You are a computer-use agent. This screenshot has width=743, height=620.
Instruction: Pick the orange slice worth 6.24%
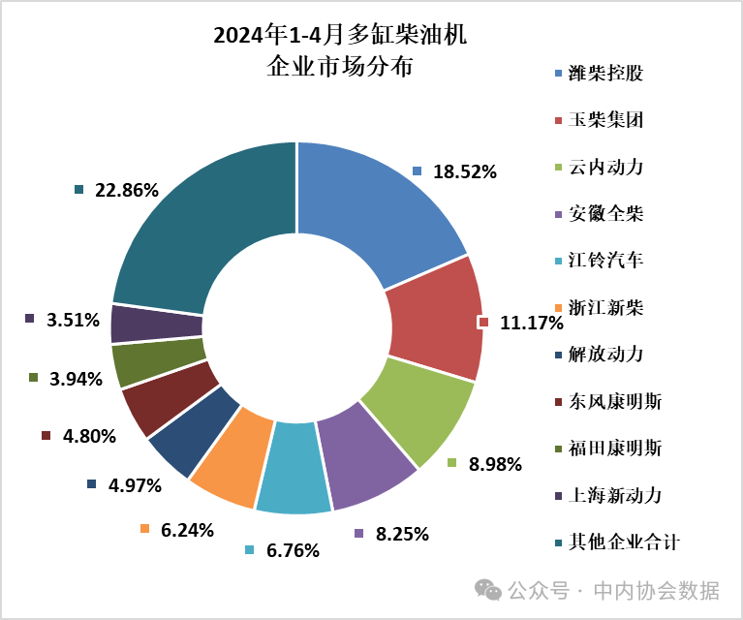226,460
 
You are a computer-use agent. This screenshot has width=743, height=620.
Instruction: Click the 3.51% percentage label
73,319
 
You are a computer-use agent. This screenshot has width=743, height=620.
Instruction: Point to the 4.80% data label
89,436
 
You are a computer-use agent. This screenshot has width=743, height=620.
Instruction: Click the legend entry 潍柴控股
605,74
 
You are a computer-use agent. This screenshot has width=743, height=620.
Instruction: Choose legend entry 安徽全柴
605,214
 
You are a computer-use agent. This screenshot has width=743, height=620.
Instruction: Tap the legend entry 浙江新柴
605,308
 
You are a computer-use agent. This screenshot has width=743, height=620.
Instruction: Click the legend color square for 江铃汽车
557,262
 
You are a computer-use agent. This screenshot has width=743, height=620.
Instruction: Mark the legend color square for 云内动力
557,168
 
